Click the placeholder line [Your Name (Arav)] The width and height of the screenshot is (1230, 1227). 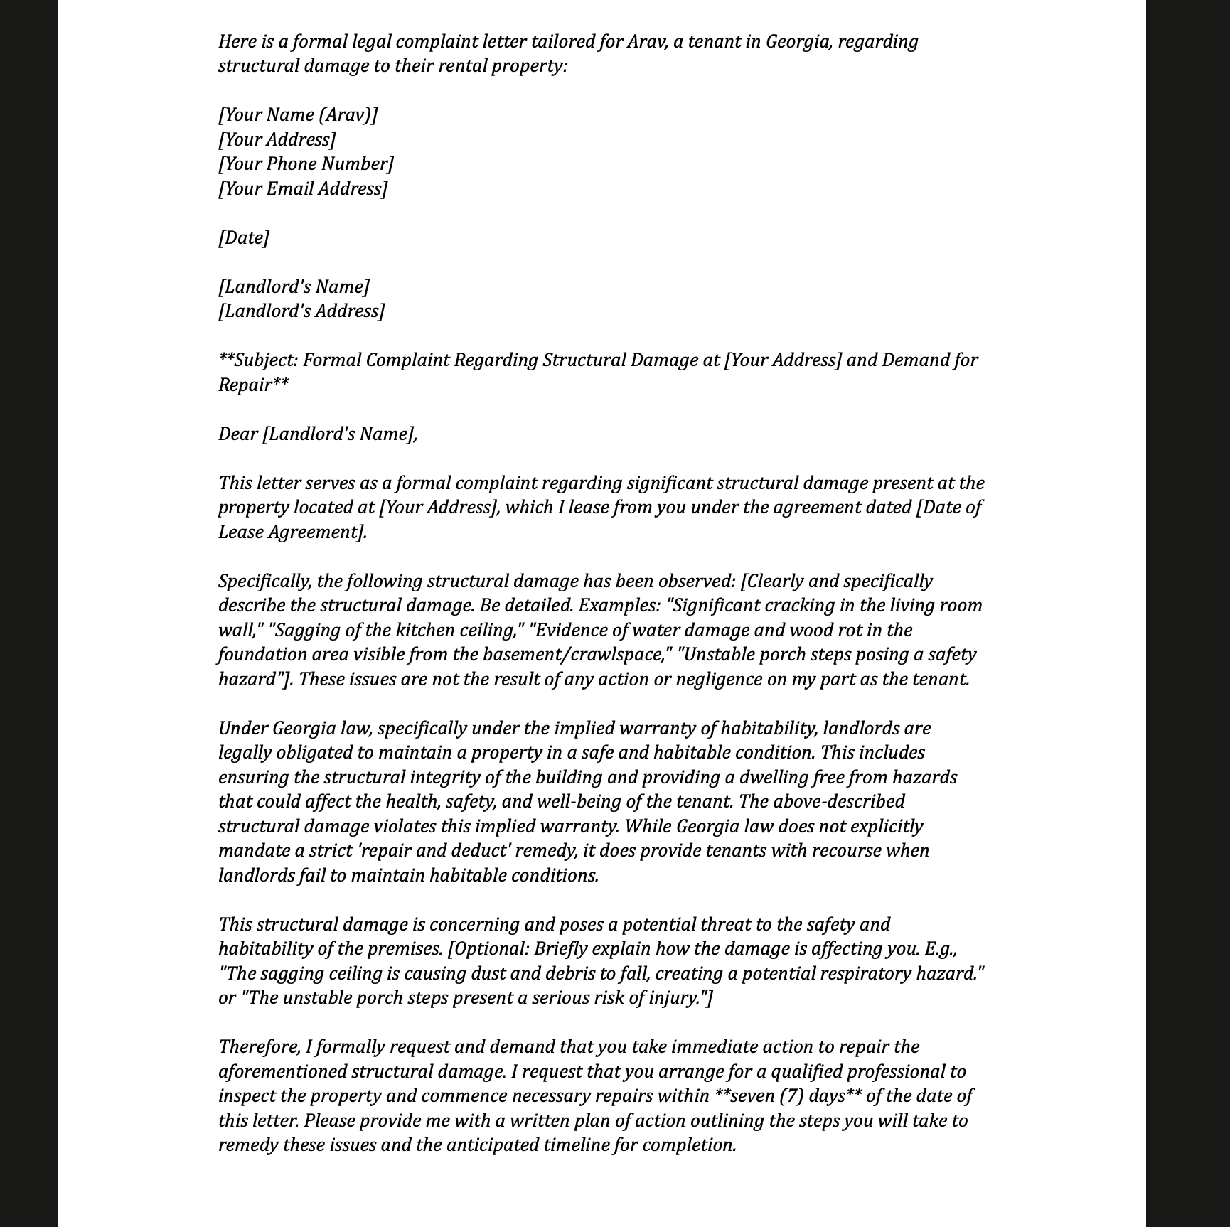coord(298,115)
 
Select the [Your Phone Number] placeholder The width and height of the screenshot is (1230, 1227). coord(306,164)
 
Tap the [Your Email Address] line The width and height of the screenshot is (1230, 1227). coord(303,189)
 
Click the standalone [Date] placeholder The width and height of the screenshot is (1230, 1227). coord(244,238)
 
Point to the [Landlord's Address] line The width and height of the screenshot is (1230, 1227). coord(301,311)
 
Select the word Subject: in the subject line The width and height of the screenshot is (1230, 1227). coord(265,360)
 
